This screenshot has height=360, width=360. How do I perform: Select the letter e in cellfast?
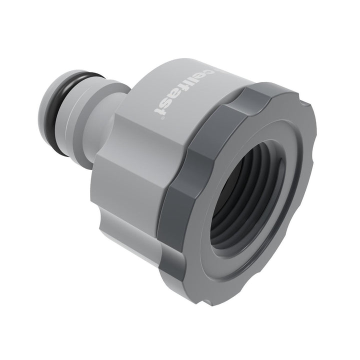(x=204, y=76)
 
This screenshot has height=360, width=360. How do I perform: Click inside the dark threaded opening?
(x=250, y=200)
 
